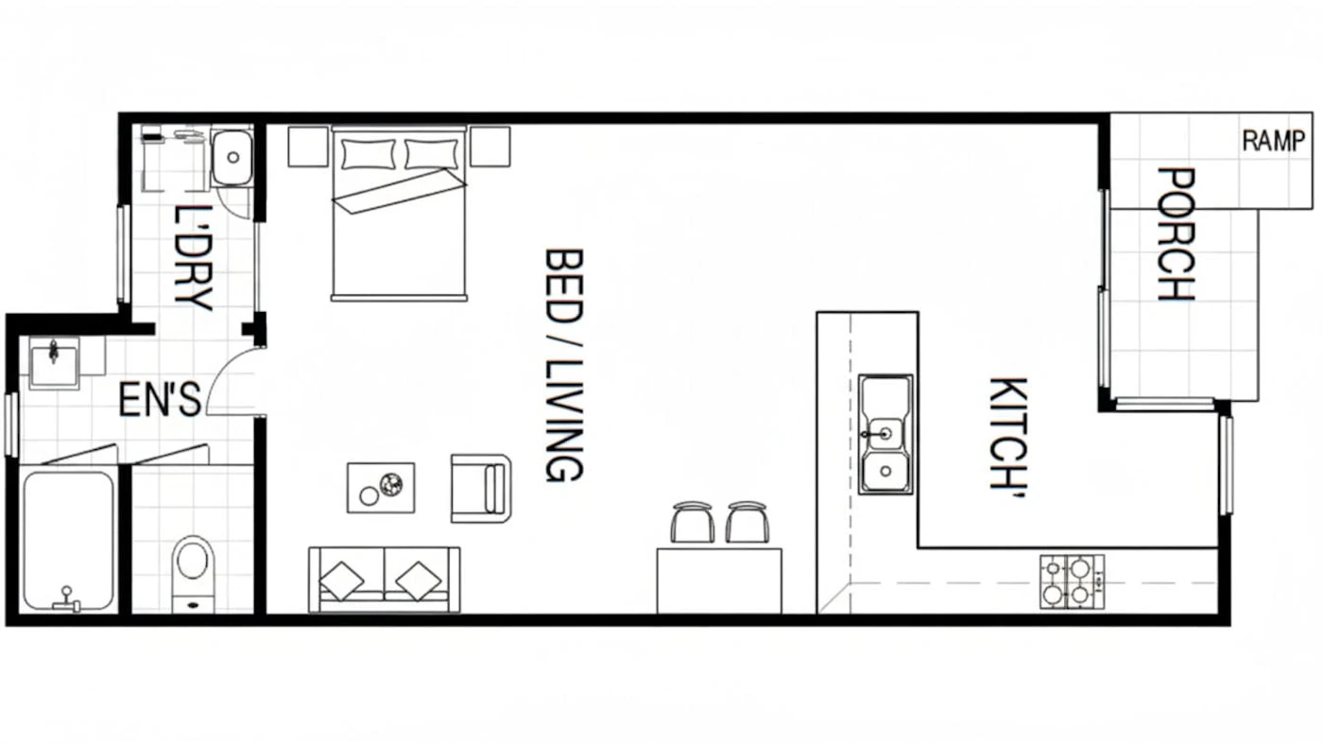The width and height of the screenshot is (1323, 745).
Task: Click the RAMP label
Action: [1274, 141]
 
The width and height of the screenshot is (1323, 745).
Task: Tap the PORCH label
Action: [1176, 234]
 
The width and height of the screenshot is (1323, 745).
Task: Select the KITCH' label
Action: [1009, 437]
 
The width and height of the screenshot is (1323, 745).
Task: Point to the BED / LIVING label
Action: [564, 365]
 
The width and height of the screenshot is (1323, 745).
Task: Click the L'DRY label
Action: [193, 257]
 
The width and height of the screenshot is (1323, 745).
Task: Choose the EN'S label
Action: [160, 400]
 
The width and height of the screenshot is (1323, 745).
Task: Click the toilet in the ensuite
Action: [193, 573]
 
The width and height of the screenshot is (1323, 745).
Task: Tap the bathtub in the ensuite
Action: [68, 540]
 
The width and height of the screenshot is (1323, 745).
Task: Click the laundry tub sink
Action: [232, 157]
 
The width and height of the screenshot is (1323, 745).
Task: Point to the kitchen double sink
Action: [885, 434]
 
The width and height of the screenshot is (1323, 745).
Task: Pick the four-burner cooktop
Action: [1072, 581]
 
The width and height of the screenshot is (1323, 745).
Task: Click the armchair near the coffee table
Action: [481, 489]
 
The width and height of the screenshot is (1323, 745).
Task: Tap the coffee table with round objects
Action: [381, 488]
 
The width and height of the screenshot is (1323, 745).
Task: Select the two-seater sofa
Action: [385, 580]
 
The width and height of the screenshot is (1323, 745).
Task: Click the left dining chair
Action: [692, 522]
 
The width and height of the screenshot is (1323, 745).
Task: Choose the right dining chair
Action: [747, 522]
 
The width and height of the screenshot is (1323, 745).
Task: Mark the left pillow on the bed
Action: [369, 154]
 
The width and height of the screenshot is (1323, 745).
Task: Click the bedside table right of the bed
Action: [490, 147]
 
